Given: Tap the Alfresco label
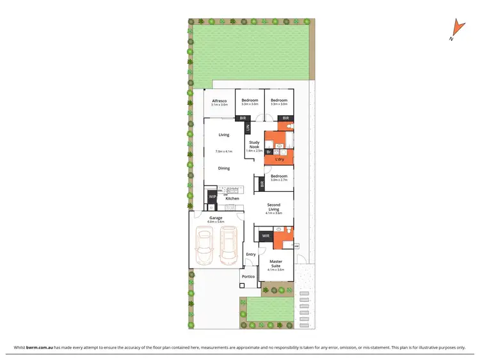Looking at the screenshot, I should [x=220, y=100].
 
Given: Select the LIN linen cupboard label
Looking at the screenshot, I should [x=248, y=127].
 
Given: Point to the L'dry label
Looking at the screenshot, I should [x=279, y=159].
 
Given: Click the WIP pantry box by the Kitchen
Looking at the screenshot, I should [x=212, y=197].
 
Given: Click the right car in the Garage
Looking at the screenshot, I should [x=229, y=247].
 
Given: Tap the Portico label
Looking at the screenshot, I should [x=248, y=276].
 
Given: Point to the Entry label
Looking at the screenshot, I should [x=250, y=254].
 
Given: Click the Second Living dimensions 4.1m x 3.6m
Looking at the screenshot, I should [x=274, y=212].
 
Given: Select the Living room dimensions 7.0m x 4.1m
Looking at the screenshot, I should [x=223, y=152].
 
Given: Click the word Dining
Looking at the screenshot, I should [x=223, y=168].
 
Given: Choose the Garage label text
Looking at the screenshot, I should [x=216, y=218].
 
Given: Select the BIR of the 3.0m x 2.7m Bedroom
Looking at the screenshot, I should [x=262, y=184].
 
